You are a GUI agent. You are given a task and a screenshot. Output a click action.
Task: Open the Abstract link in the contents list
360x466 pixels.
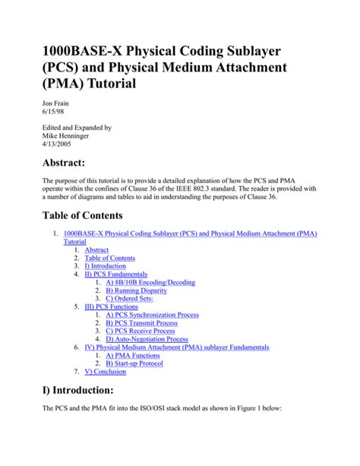96,249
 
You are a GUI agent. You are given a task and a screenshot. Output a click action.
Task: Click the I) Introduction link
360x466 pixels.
106,266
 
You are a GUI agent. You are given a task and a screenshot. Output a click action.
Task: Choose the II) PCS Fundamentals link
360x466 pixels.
116,274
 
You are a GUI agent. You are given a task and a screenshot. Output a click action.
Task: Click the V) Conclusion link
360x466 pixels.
106,372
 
